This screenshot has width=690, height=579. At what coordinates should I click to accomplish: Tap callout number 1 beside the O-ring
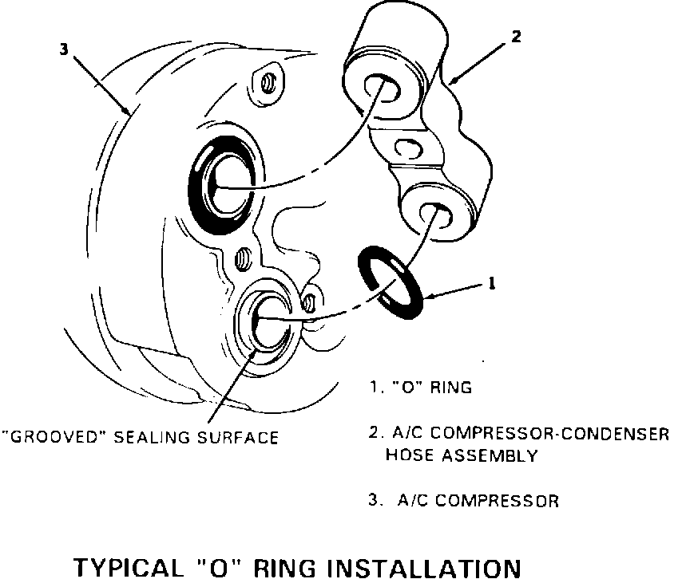[x=491, y=283]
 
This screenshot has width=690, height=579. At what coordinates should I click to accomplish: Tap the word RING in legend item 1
[x=453, y=388]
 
